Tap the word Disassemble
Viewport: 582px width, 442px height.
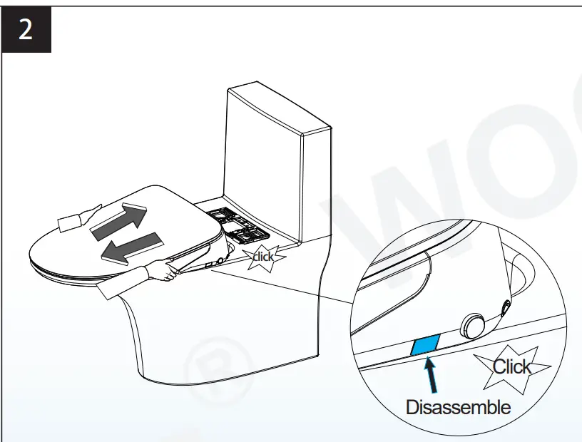pos(458,407)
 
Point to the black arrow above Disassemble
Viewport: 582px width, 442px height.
pos(432,375)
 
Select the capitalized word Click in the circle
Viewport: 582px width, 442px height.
pos(512,366)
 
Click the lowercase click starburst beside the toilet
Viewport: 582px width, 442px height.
pos(262,256)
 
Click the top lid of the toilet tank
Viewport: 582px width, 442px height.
pos(278,110)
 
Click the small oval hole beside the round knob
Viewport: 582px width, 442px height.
pos(507,308)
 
